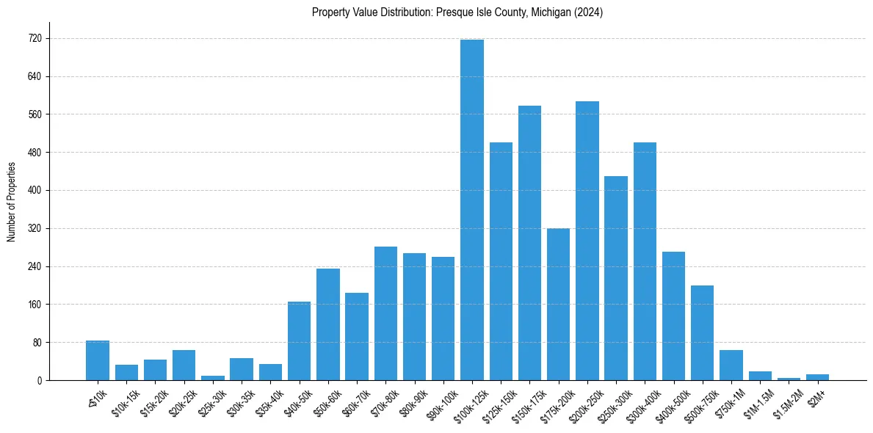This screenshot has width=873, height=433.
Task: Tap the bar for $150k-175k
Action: [529, 243]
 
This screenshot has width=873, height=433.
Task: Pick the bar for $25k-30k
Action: [213, 378]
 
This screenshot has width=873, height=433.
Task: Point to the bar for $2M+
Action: [817, 377]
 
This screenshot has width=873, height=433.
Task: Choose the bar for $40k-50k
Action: [299, 341]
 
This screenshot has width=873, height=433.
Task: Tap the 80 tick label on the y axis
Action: [37, 342]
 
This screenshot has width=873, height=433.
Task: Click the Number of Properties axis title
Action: [11, 202]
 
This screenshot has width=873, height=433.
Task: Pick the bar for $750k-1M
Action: [731, 365]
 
